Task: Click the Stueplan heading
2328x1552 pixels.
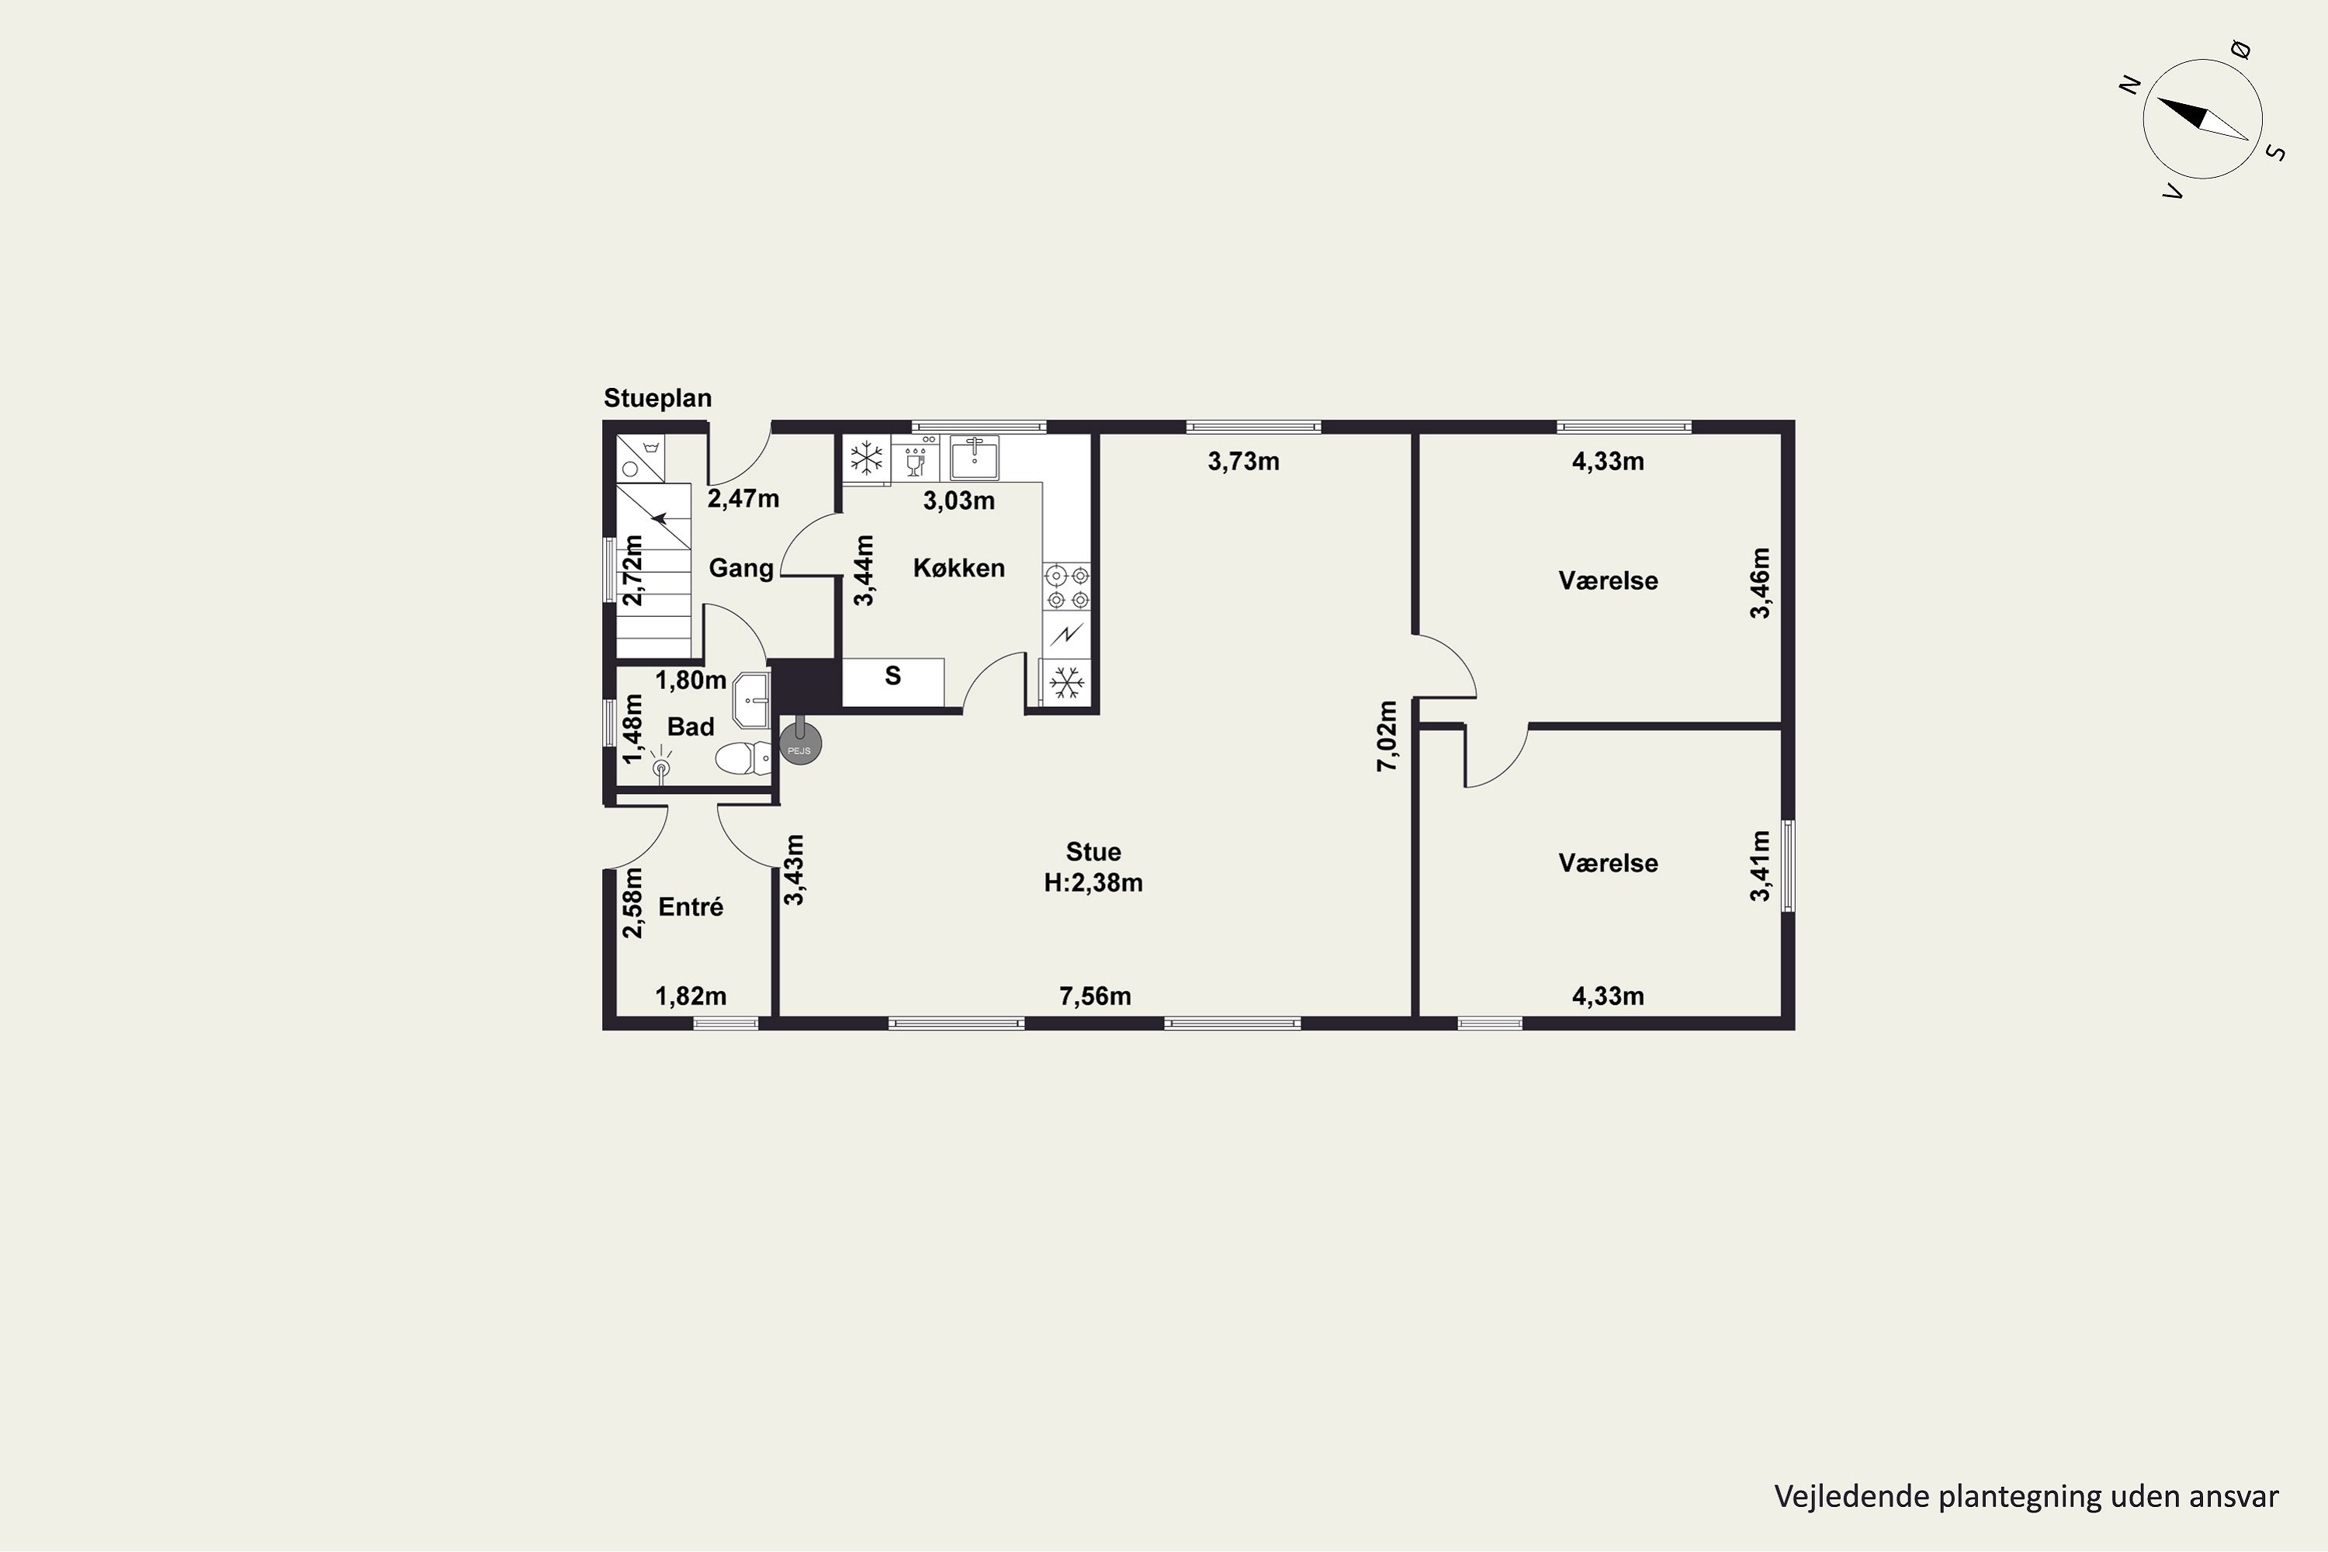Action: (x=657, y=399)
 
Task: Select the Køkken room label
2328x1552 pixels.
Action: (x=958, y=568)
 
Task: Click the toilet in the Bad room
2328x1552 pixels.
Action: (x=743, y=759)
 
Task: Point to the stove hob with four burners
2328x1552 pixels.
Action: (x=1067, y=586)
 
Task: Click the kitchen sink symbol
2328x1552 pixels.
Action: (x=974, y=459)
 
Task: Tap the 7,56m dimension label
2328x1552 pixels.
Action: (x=1095, y=996)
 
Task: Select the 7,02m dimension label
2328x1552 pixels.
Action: (x=1387, y=736)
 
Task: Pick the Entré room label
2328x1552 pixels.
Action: (x=690, y=906)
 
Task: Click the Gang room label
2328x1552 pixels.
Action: (x=740, y=568)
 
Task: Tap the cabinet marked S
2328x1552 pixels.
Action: (x=893, y=682)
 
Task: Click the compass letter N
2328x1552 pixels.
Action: (x=2131, y=86)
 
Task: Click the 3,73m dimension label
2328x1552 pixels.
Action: (x=1243, y=461)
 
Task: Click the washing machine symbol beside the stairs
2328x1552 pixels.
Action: (x=640, y=459)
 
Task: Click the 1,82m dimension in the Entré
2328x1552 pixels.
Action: (x=691, y=996)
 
